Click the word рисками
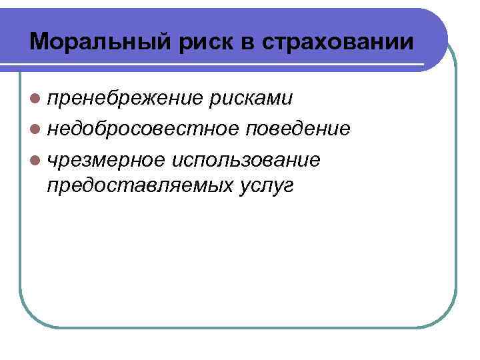[251, 99]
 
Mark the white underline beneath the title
[227, 65]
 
